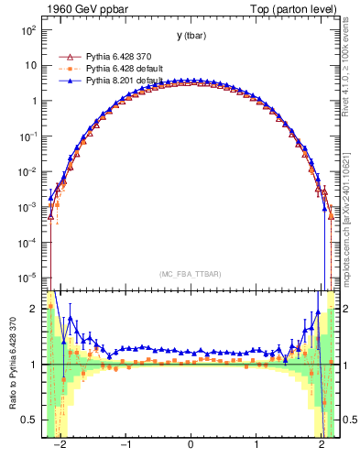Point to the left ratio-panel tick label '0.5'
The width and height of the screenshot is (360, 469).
29,420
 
